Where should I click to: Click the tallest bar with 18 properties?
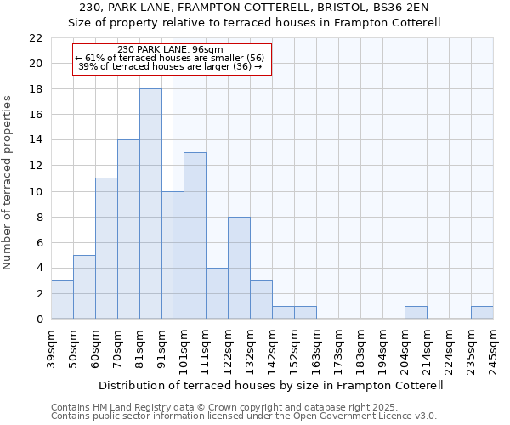coord(150,204)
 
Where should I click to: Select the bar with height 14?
coord(128,229)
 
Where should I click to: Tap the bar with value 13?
coord(195,235)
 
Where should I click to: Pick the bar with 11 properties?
coord(106,248)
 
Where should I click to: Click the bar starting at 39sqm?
coord(62,299)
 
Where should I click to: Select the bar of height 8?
coord(239,268)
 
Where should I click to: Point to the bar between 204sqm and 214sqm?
coord(416,312)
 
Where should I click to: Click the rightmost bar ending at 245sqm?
coord(482,312)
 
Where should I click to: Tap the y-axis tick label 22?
coord(36,38)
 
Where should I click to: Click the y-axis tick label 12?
coord(36,166)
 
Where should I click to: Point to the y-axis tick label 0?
coord(39,319)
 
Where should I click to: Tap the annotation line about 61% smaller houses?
coord(171,58)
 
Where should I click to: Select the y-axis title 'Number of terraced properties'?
coord(8,182)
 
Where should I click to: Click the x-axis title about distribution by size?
coord(271,385)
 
